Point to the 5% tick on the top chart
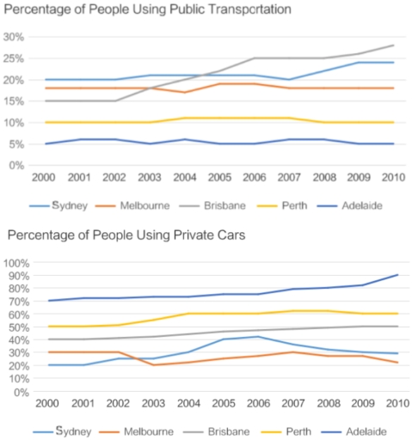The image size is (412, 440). (x=15, y=144)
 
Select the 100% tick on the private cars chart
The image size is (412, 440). (x=15, y=262)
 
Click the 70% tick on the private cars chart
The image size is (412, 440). (x=17, y=301)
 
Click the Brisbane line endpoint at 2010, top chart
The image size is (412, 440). (x=392, y=46)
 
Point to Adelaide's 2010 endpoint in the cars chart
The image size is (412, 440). (x=392, y=275)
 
